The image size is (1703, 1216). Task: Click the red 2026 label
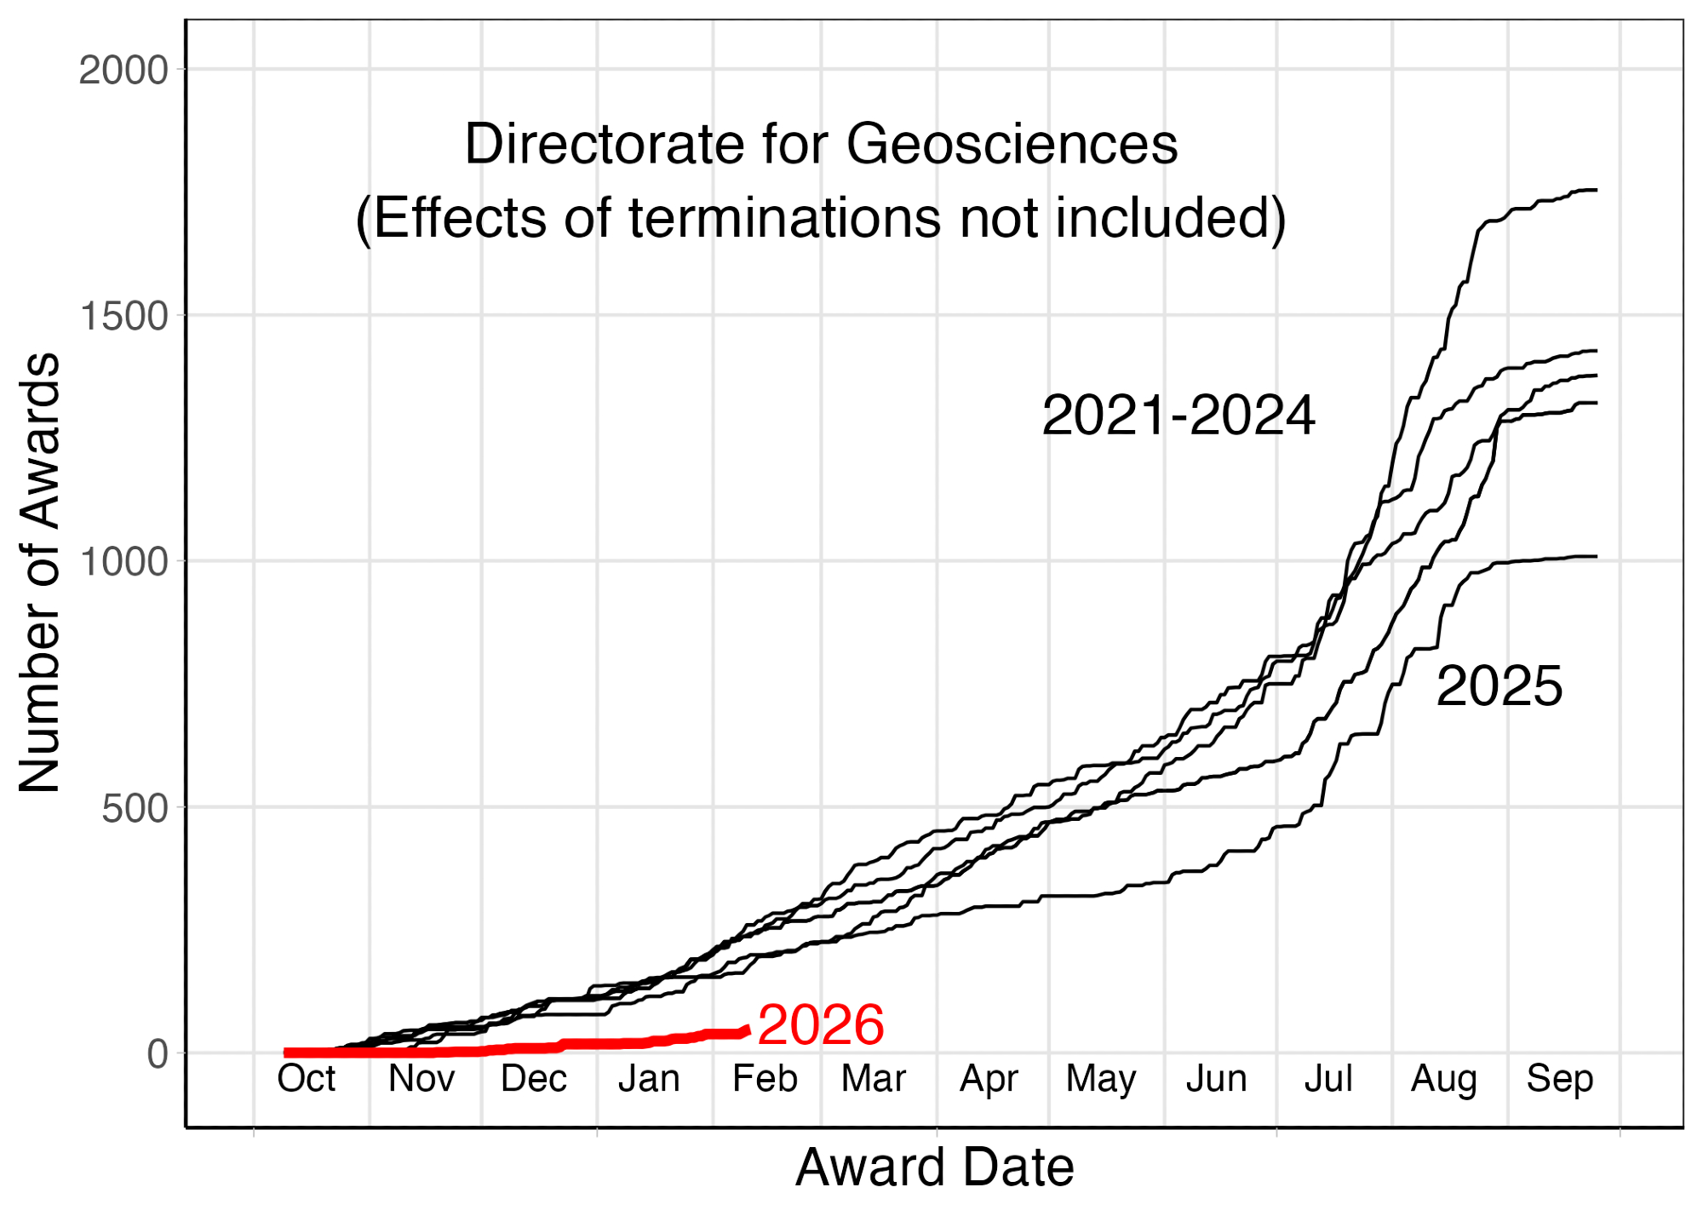tap(820, 1024)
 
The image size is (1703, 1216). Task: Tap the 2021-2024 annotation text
tap(1178, 416)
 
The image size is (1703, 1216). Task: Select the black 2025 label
tap(1499, 686)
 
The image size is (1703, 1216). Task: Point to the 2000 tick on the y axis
tap(123, 70)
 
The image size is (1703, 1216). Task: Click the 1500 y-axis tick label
tap(123, 316)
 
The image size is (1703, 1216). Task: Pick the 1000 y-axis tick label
tap(123, 562)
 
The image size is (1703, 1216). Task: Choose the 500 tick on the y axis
tap(135, 808)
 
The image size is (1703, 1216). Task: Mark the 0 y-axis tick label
tap(158, 1054)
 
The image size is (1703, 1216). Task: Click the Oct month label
tap(307, 1079)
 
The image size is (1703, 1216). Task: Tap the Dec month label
tap(534, 1079)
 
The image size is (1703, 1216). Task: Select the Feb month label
tap(765, 1079)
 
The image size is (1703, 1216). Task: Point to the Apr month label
tap(989, 1079)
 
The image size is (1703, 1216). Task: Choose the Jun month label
tap(1216, 1079)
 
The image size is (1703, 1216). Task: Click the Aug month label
tap(1443, 1079)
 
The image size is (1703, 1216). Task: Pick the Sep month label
tap(1559, 1079)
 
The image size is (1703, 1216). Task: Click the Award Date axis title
tap(934, 1167)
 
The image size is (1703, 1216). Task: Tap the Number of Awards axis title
tap(39, 572)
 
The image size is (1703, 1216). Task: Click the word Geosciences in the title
tap(1012, 144)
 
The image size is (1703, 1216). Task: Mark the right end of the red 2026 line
tap(747, 1030)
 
